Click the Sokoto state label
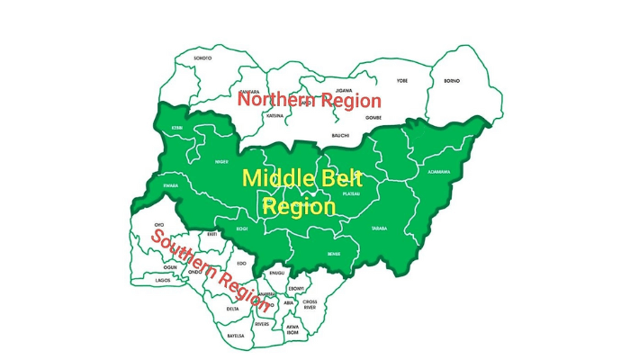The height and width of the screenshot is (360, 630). click(202, 58)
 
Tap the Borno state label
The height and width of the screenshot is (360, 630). click(452, 81)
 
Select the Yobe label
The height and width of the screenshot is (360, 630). click(402, 81)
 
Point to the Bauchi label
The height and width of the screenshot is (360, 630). click(340, 135)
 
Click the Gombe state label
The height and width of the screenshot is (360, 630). click(374, 117)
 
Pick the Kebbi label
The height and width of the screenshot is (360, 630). click(176, 128)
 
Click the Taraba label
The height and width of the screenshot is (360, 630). click(378, 229)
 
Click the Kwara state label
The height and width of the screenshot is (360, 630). click(172, 186)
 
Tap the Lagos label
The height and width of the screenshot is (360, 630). click(163, 280)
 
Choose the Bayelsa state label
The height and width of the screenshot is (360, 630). click(235, 335)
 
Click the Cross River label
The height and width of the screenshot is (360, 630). click(310, 305)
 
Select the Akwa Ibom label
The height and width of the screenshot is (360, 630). click(292, 330)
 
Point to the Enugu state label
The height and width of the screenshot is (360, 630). click(277, 272)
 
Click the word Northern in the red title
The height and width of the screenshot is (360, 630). click(274, 101)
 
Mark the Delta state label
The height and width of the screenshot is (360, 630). click(233, 308)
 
